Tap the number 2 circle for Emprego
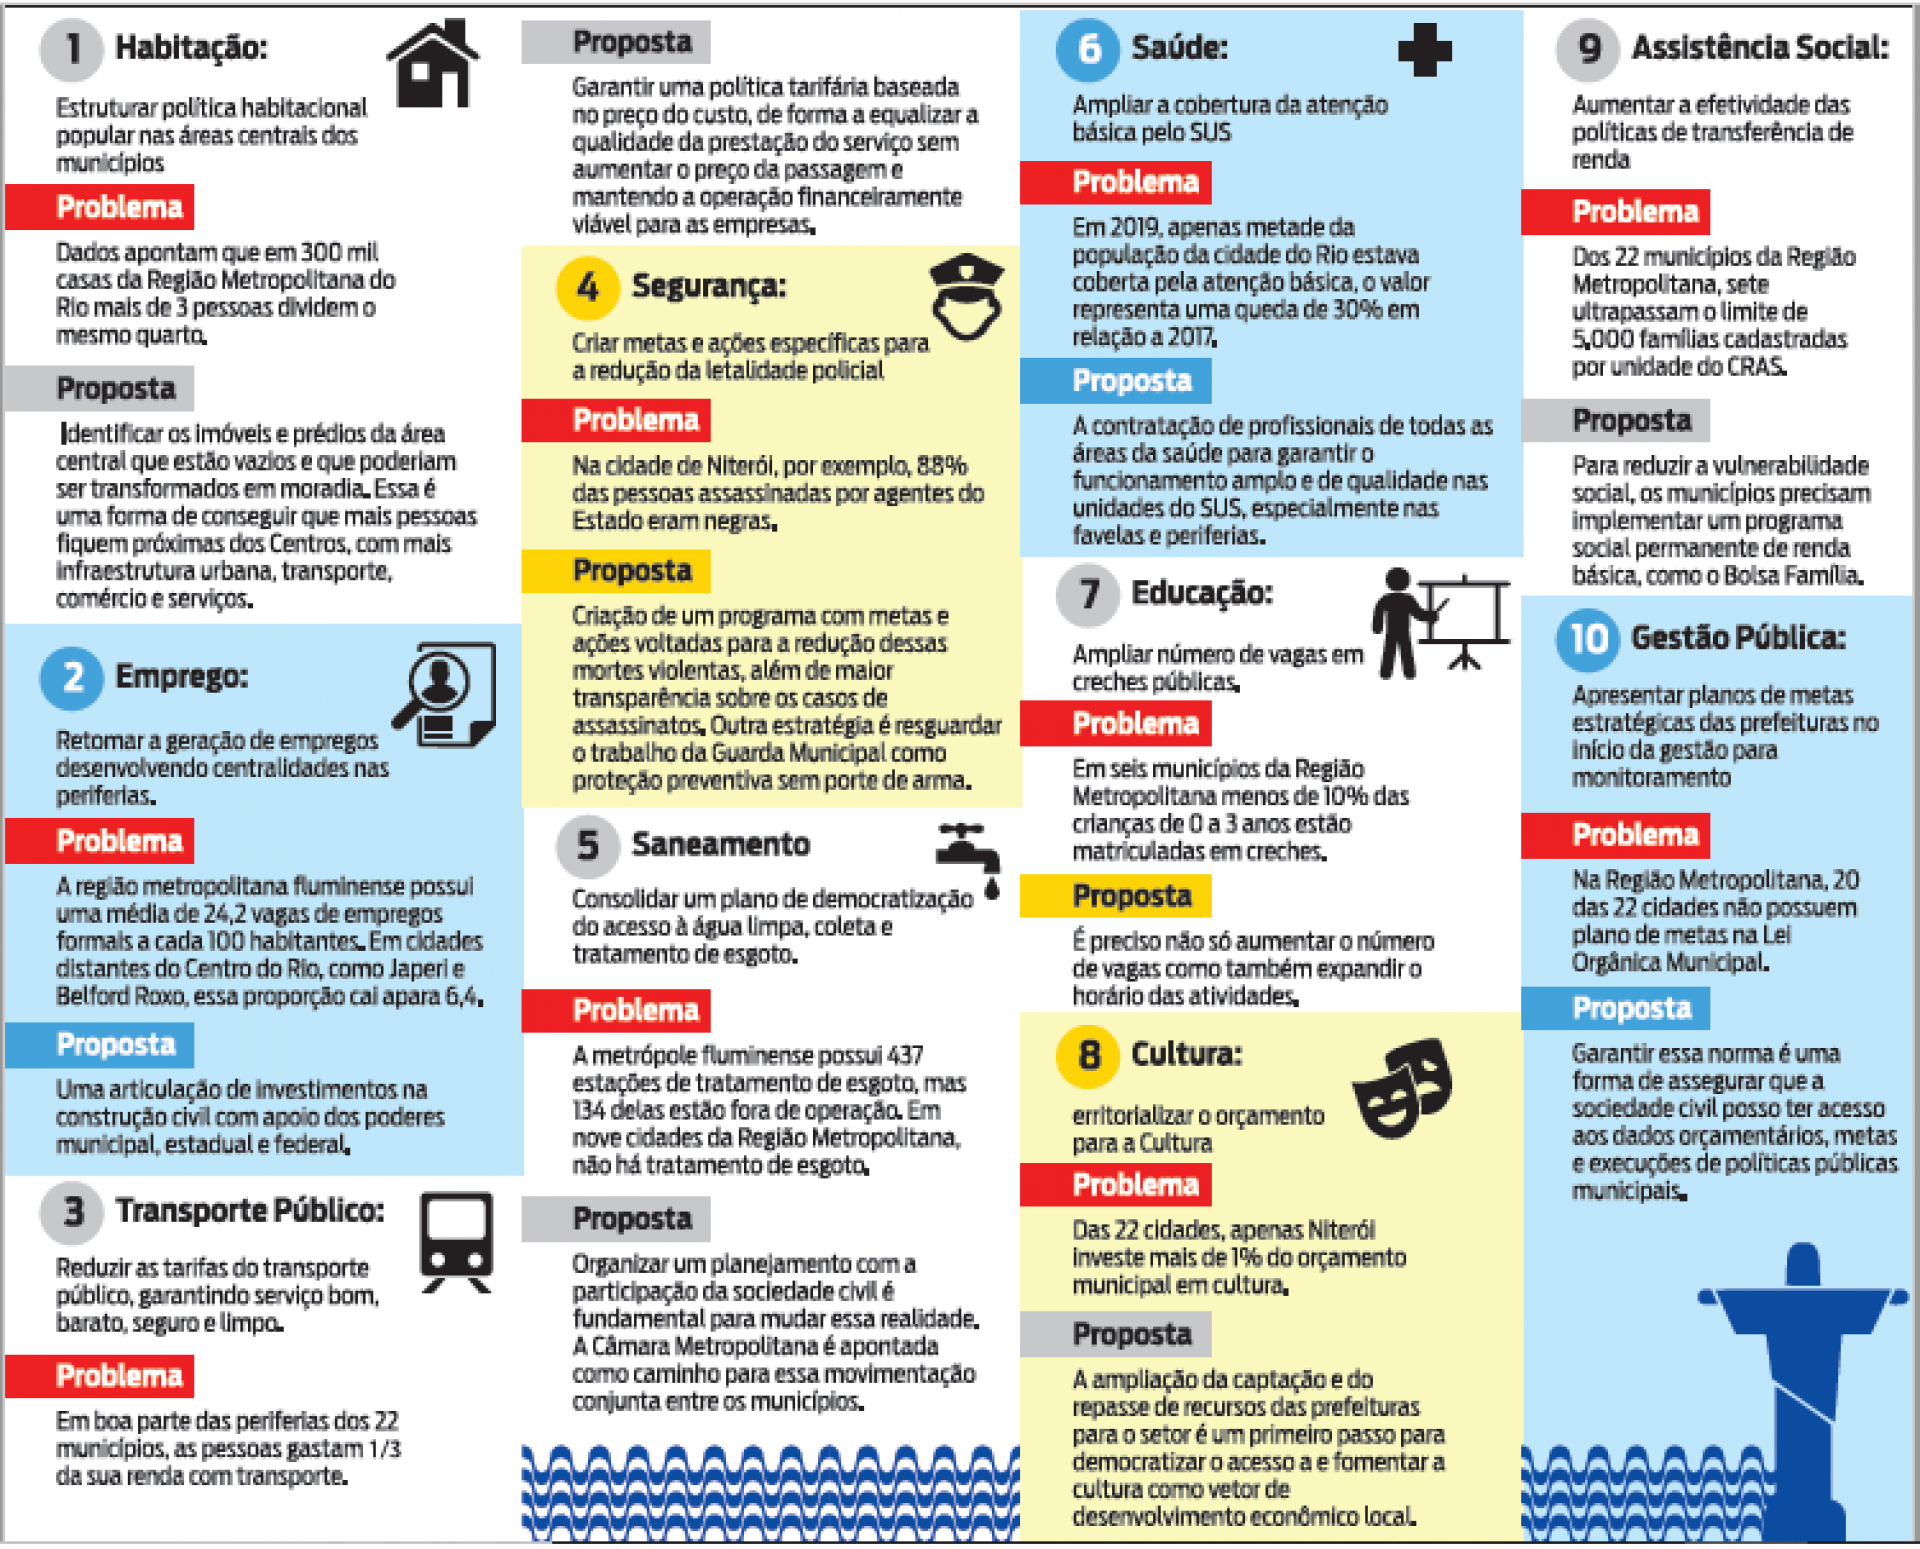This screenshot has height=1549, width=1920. [71, 678]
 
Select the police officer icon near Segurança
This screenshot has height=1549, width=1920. [966, 298]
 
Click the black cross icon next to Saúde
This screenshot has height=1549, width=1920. [1424, 50]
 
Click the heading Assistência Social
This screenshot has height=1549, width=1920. [1759, 48]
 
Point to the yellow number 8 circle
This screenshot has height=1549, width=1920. [1088, 1056]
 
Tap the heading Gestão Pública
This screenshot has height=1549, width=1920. [1737, 638]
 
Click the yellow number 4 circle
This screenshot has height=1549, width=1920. [587, 288]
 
